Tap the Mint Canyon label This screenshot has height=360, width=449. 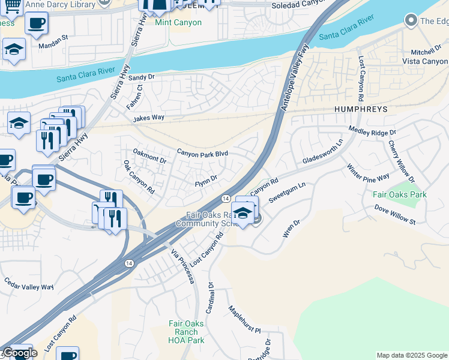[x=178, y=23]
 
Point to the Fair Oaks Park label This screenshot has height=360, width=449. [x=399, y=194]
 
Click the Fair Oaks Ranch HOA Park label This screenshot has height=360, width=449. [x=186, y=332]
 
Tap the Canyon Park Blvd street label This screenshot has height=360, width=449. [x=202, y=154]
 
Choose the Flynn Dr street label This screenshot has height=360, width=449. [x=205, y=178]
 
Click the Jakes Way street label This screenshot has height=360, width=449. [x=149, y=118]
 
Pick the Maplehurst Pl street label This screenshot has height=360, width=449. [x=244, y=320]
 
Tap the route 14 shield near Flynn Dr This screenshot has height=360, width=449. [x=226, y=198]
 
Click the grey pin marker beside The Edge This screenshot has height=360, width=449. [x=411, y=21]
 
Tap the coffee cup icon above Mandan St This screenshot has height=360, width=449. [x=36, y=24]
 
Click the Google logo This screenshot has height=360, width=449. [x=20, y=353]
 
